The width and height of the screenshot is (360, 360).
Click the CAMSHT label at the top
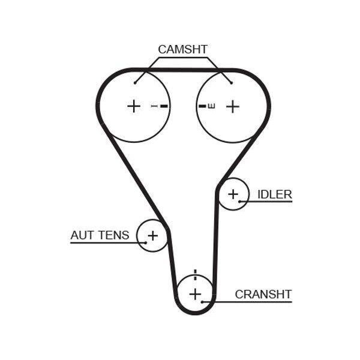click(183, 49)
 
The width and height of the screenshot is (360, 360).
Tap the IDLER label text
click(275, 194)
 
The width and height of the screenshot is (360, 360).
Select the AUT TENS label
click(100, 235)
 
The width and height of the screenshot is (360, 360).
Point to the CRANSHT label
click(263, 294)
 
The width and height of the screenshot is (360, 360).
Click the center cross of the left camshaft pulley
click(134, 106)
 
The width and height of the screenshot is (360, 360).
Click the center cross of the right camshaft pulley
click(233, 106)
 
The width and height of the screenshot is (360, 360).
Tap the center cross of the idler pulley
click(233, 194)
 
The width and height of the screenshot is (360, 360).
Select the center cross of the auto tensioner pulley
click(153, 236)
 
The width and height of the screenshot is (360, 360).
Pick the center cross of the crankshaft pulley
click(195, 294)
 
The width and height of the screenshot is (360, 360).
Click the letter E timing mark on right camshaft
click(212, 106)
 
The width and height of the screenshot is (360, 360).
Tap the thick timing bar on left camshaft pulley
click(164, 106)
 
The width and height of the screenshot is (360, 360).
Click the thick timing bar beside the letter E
click(202, 106)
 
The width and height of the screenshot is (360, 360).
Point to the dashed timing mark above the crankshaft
click(195, 275)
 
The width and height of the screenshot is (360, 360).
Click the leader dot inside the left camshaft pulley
click(135, 83)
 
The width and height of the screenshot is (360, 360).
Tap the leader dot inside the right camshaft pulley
click(232, 83)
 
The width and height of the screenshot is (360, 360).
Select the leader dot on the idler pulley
click(239, 202)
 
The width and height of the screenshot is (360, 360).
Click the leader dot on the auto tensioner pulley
click(146, 242)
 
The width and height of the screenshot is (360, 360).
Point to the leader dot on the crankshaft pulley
click(202, 302)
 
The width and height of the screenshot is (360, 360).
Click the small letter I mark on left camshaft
click(154, 106)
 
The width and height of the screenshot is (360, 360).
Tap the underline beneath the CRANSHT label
click(247, 302)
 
